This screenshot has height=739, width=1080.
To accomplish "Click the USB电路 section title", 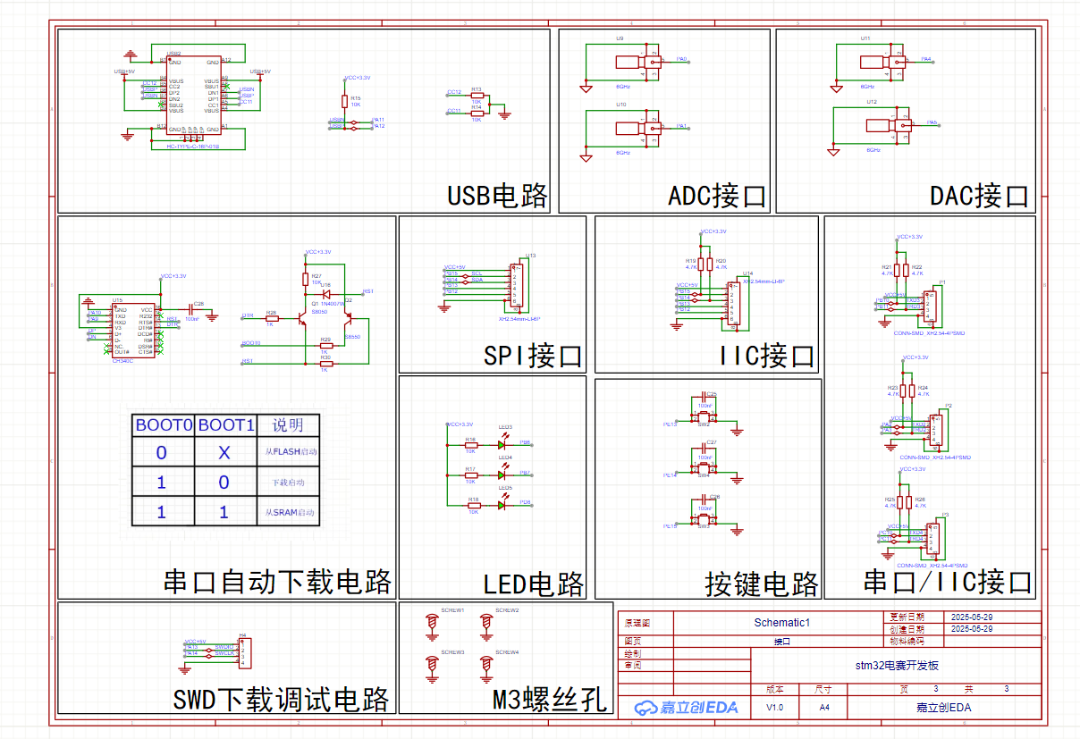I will point(497,196).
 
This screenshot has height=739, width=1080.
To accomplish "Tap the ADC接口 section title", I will point(717,196).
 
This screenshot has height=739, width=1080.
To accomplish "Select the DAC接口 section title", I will point(979,196).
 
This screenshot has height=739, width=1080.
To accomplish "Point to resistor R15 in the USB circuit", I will point(344,101).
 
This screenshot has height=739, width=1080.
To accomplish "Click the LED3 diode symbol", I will point(504,442).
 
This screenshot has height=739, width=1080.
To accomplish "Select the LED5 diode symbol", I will point(504,502).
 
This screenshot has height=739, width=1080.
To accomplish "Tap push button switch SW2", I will point(704,418).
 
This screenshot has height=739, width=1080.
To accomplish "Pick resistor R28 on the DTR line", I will point(271,318).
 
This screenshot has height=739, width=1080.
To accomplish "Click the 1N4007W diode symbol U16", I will point(326,293).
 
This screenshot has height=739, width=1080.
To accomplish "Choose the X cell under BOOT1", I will point(224,453).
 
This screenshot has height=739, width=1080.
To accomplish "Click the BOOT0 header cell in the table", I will point(164,425).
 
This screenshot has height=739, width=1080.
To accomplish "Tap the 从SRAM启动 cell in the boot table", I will point(290,513).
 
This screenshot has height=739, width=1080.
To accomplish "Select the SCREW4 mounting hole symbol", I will point(486,664).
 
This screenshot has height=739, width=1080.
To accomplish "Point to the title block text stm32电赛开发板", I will point(897,666).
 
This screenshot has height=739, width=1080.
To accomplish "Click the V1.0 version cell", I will point(774,708).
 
